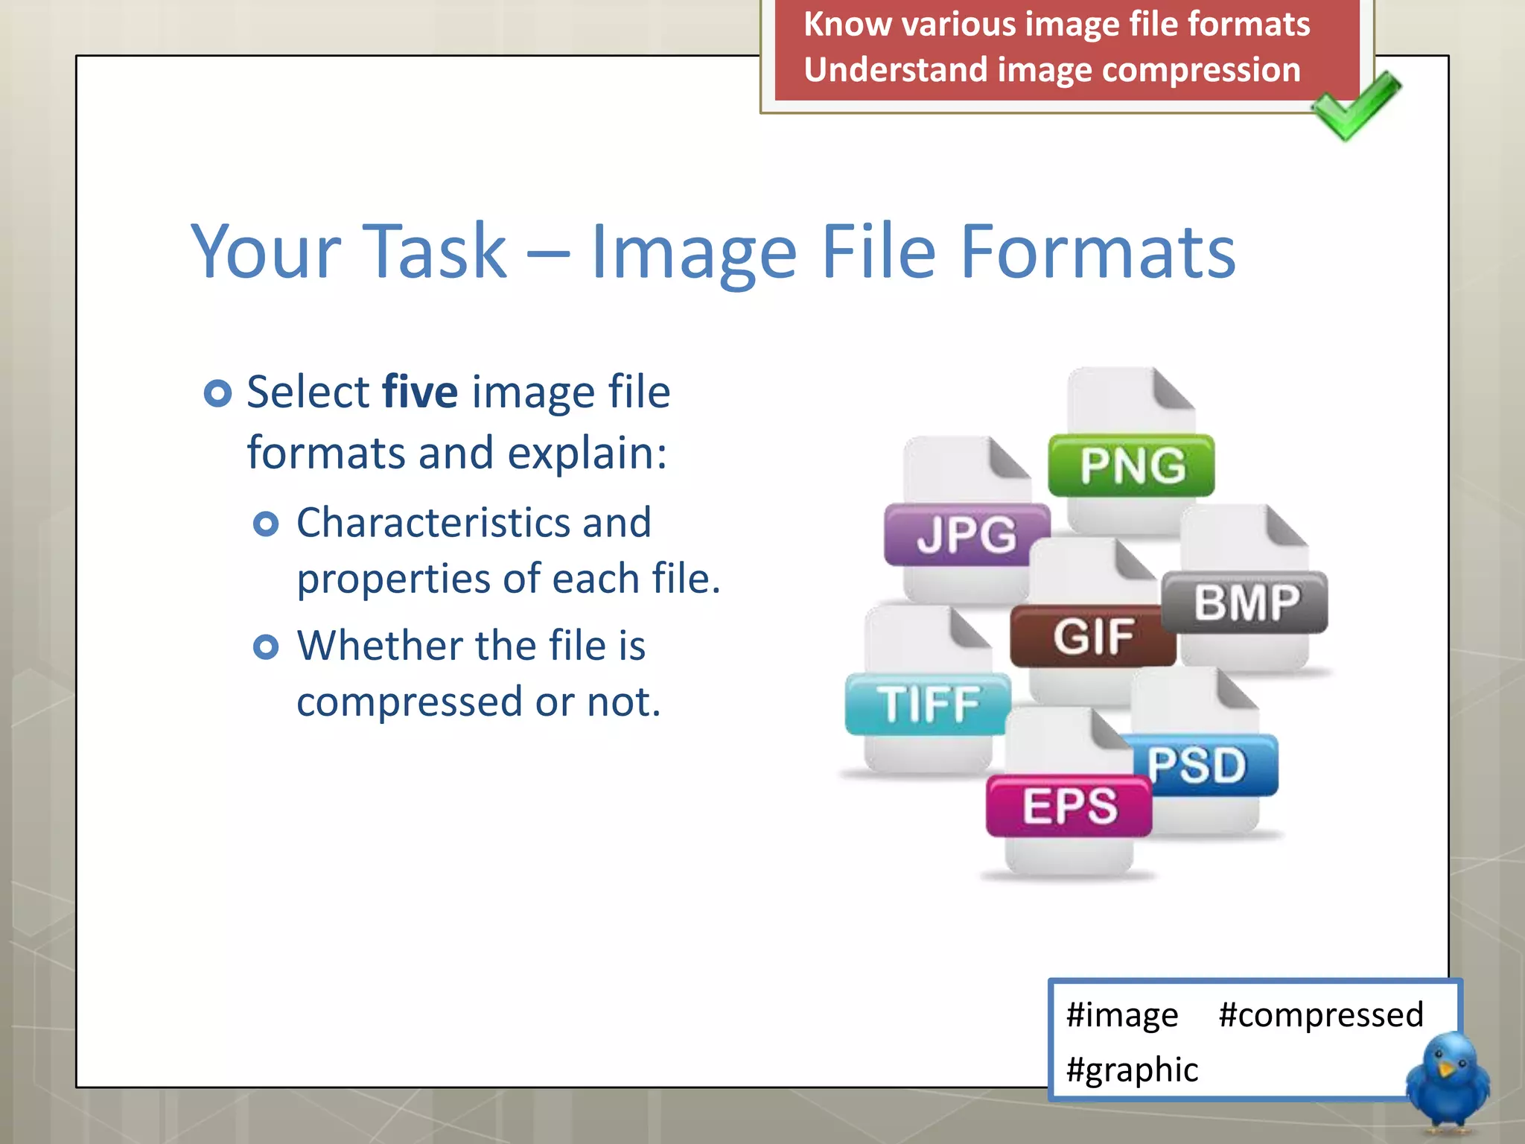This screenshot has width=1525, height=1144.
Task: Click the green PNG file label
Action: [x=1131, y=465]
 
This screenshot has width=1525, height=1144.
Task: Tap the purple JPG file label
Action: [x=967, y=535]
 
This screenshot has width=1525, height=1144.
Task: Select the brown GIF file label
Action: [x=1092, y=636]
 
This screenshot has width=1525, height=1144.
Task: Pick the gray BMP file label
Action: [x=1245, y=602]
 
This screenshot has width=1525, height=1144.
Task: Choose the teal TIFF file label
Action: [x=928, y=704]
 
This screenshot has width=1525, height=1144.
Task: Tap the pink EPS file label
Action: [x=1069, y=806]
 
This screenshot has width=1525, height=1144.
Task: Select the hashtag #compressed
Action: [x=1320, y=1014]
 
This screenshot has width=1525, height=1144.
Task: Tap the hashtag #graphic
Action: [x=1132, y=1070]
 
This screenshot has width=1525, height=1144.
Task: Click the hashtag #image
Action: [x=1121, y=1014]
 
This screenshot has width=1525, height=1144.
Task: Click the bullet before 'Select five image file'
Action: [x=217, y=393]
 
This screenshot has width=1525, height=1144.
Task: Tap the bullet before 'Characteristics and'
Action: [x=266, y=524]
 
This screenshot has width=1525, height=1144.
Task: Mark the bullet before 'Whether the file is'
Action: [x=266, y=646]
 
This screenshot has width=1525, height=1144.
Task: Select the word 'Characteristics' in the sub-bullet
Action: [x=431, y=522]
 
